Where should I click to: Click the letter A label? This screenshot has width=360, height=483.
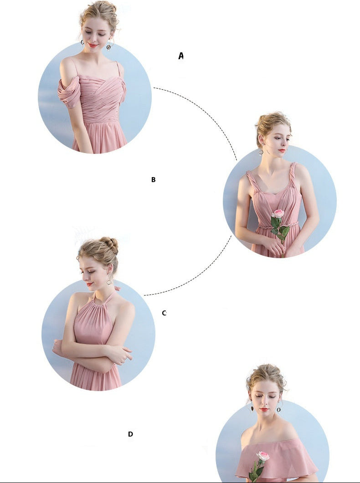tap(181, 56)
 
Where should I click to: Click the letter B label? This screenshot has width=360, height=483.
tap(153, 179)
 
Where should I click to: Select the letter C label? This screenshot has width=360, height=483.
tap(164, 313)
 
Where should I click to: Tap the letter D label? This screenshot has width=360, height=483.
tap(130, 434)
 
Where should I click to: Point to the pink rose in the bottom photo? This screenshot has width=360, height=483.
tap(263, 456)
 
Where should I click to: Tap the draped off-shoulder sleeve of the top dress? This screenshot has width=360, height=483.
tap(69, 92)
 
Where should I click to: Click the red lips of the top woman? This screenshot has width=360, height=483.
tap(93, 45)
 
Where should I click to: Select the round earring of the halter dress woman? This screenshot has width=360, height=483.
tap(109, 282)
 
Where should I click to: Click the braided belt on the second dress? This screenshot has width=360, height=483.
tap(278, 226)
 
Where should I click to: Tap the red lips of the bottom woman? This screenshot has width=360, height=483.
tap(264, 409)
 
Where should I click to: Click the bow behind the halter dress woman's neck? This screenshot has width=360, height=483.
tap(117, 289)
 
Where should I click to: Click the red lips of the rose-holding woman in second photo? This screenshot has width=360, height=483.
tap(282, 151)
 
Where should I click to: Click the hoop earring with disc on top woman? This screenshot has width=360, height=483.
tap(108, 46)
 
